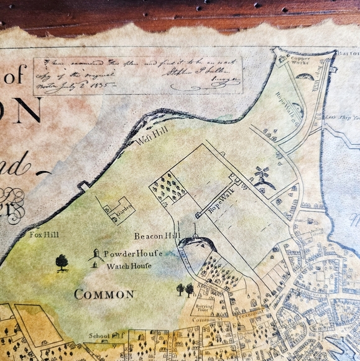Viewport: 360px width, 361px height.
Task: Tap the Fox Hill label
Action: [x=40, y=235]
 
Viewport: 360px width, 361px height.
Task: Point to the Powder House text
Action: [x=133, y=254]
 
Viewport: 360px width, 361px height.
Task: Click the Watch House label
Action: [x=126, y=266]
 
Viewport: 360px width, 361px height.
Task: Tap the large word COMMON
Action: [x=104, y=294]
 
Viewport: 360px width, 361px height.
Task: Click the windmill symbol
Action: [x=261, y=172]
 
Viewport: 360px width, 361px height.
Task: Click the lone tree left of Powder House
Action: [x=62, y=262]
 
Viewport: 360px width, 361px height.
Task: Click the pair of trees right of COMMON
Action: [x=185, y=289]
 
